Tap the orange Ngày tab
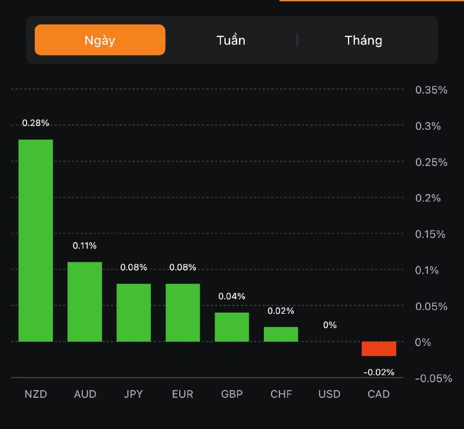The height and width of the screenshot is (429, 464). tap(100, 40)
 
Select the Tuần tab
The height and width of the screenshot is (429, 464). tap(231, 40)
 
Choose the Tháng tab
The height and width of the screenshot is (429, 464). tap(364, 40)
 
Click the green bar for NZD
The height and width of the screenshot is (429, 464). tap(35, 240)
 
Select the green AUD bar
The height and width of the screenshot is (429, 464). tap(85, 302)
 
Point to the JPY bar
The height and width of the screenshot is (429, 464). tap(133, 313)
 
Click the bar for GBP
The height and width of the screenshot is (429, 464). tap(232, 327)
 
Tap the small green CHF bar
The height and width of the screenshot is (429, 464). tap(281, 334)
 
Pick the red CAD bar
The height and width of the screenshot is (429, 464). tap(379, 349)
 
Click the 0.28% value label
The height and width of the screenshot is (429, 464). tap(35, 123)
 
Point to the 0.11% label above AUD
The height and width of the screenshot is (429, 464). tap(85, 245)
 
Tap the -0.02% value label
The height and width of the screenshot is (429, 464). tap(379, 372)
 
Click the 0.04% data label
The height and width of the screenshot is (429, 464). tap(232, 296)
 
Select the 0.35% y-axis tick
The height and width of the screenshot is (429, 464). tap(432, 90)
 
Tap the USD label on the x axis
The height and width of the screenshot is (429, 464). tap(329, 395)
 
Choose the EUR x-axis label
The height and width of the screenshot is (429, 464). tap(183, 395)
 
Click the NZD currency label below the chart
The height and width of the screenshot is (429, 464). tap(35, 395)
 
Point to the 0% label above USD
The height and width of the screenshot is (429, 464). tap(330, 325)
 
